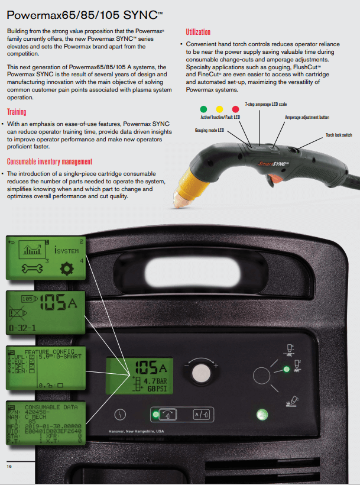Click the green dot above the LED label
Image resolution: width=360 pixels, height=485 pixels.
tap(204, 109)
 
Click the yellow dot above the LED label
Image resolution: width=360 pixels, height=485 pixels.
tap(219, 109)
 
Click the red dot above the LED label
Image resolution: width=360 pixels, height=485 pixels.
tap(235, 109)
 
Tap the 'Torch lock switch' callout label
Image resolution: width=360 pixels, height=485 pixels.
tap(339, 135)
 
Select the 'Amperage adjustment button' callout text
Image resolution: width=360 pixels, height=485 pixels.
tap(308, 118)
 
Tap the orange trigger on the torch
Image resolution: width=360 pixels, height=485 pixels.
tap(274, 177)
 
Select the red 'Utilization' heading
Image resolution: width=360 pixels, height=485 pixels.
tap(198, 31)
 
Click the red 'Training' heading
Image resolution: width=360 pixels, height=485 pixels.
tap(17, 112)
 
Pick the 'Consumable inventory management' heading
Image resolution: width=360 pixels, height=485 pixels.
tap(50, 161)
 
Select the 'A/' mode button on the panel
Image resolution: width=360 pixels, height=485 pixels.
tap(202, 415)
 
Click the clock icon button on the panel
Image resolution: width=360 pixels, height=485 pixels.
tap(121, 415)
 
